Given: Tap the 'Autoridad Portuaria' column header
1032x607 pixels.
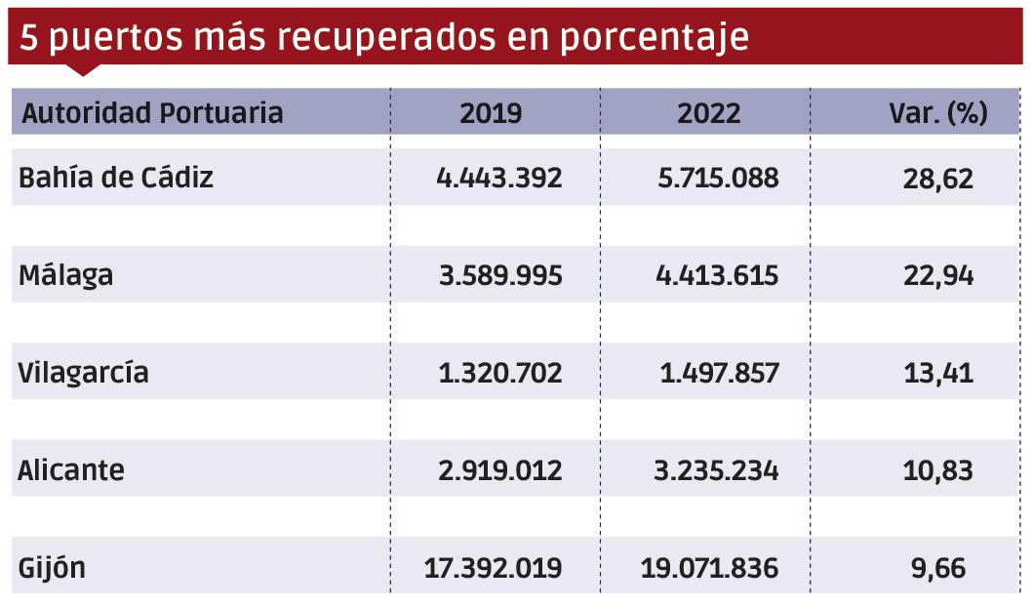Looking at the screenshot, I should tap(152, 113).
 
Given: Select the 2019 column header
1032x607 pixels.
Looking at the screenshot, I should tap(491, 113).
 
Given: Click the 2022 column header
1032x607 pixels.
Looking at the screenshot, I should tap(709, 113).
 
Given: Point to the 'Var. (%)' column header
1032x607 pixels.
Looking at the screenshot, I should tap(938, 113).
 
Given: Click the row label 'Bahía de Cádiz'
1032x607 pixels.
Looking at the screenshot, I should tap(116, 178).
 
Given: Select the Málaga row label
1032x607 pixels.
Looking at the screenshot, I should tap(66, 275).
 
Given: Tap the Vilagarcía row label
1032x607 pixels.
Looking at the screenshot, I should tap(84, 373).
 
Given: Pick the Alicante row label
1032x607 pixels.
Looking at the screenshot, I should tap(71, 470).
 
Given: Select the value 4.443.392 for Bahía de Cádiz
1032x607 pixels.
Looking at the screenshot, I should tap(500, 178).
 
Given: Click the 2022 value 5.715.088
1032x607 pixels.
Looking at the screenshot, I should tap(718, 178).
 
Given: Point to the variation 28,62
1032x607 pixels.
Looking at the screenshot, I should tap(938, 178).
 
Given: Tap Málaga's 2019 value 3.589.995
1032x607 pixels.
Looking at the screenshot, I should tap(500, 275).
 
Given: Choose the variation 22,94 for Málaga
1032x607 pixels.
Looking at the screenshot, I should tap(938, 275).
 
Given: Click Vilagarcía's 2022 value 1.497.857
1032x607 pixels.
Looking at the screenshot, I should tap(719, 373).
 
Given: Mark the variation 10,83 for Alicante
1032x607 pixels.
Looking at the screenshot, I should tap(938, 470).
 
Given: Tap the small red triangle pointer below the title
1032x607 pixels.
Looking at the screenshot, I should tap(83, 70).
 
